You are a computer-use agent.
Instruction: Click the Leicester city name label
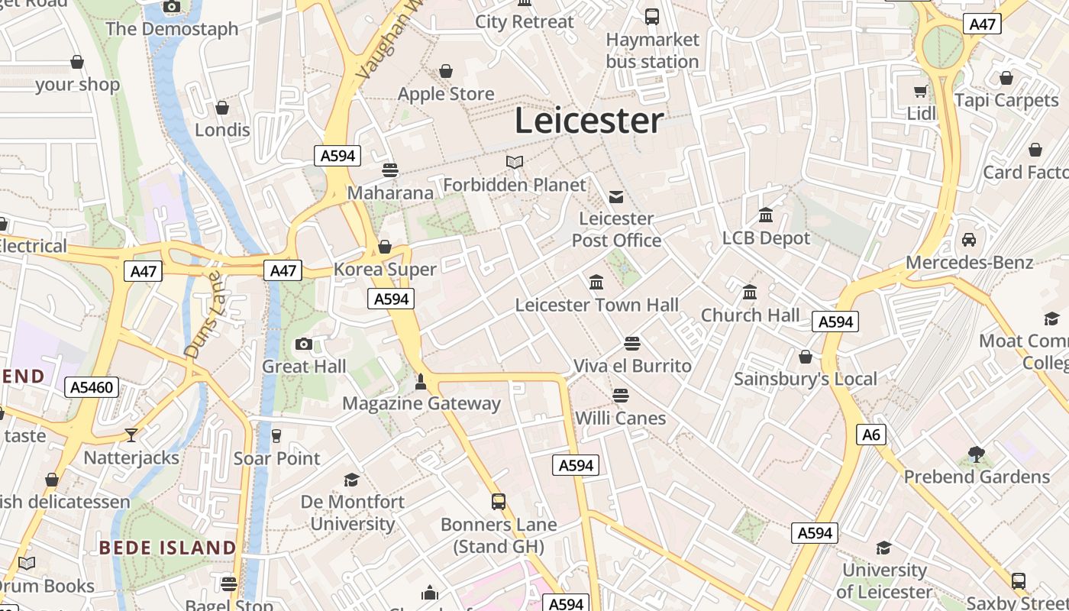[x=589, y=121]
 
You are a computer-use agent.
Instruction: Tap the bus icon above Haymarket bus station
[x=652, y=16]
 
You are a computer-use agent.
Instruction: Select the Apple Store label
[x=446, y=94]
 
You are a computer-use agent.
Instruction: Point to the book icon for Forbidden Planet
[x=515, y=162]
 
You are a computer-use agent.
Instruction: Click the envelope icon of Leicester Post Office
[x=616, y=197]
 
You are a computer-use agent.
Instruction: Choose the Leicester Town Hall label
[x=596, y=305]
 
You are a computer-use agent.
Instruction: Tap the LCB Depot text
[x=766, y=238]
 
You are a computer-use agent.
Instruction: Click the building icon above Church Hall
[x=750, y=293]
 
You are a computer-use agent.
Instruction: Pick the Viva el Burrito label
[x=632, y=366]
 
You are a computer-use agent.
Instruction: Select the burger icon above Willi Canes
[x=620, y=396]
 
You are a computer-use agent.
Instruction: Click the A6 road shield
[x=870, y=435]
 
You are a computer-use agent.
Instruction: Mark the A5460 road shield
[x=92, y=387]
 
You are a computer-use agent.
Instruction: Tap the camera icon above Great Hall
[x=304, y=344]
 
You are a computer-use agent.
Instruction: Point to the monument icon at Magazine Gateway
[x=420, y=380]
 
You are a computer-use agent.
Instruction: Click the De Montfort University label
[x=352, y=512]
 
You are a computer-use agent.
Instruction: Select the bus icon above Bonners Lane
[x=499, y=502]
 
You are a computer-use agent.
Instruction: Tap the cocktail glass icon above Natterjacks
[x=131, y=435]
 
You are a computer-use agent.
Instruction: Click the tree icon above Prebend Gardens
[x=976, y=454]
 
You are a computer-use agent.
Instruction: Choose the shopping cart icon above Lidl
[x=921, y=92]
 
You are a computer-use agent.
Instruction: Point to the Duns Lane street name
[x=202, y=314]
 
